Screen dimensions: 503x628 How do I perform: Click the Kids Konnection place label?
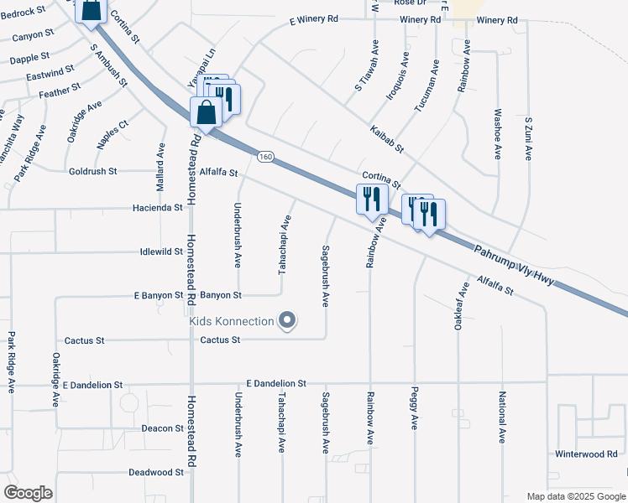click(232, 321)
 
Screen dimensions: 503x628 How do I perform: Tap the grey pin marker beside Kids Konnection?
click(288, 320)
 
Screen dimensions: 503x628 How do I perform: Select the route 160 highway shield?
click(265, 157)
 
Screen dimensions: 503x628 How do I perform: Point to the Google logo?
click(28, 493)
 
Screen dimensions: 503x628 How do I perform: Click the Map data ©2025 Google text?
click(576, 496)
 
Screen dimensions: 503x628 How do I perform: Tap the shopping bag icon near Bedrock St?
click(91, 11)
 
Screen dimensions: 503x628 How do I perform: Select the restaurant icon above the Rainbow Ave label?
click(370, 200)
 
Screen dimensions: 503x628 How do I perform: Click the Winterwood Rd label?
click(585, 454)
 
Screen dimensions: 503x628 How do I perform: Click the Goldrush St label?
click(93, 171)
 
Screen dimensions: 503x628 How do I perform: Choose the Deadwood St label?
click(156, 473)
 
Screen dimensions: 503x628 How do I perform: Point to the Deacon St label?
click(162, 428)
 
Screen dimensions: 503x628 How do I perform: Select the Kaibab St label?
click(386, 139)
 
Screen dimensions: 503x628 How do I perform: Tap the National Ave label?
click(502, 417)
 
